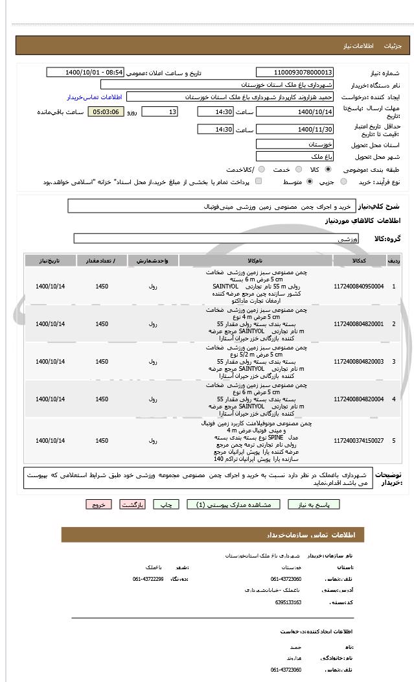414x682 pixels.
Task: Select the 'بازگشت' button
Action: click(133, 504)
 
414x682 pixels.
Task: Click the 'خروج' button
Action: click(98, 504)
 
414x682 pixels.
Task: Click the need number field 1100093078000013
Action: click(295, 73)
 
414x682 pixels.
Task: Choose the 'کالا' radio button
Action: click(328, 169)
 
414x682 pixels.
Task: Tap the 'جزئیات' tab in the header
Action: click(393, 46)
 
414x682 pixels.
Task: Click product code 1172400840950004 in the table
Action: click(358, 286)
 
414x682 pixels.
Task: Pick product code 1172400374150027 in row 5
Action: click(358, 441)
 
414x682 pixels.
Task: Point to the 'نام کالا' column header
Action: click(255, 261)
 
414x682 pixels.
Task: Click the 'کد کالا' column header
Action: click(358, 261)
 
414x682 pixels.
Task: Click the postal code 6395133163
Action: click(288, 602)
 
